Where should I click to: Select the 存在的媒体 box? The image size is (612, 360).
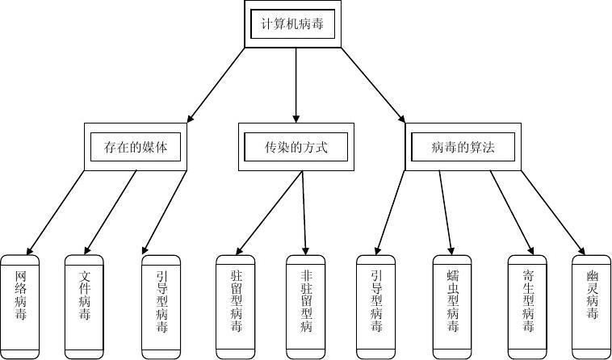click(x=136, y=147)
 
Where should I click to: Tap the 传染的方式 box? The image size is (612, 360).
click(x=296, y=147)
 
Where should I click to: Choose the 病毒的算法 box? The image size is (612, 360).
click(x=463, y=147)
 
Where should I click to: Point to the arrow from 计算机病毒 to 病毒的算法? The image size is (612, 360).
click(x=373, y=85)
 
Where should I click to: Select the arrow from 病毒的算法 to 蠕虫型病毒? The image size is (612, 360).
click(x=446, y=211)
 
